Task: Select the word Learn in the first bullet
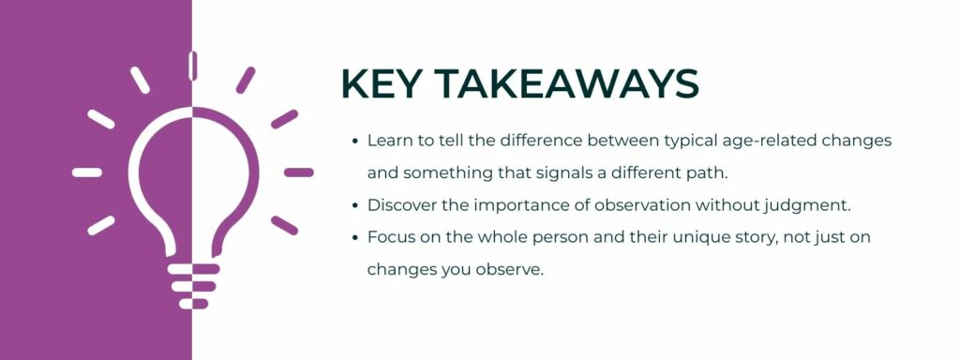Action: click(387, 140)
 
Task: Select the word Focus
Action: click(388, 237)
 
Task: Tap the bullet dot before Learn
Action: click(355, 141)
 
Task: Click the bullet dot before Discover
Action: click(355, 205)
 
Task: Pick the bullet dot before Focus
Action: click(355, 238)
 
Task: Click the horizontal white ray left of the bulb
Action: click(86, 172)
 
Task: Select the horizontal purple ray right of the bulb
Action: click(298, 172)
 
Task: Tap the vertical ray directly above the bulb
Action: click(192, 66)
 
